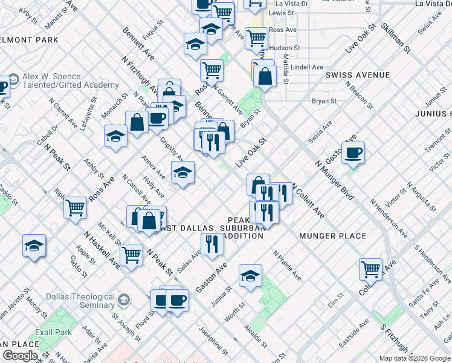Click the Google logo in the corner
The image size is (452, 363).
20,356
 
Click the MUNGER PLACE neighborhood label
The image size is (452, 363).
333,236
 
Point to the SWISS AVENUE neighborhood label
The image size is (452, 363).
357,75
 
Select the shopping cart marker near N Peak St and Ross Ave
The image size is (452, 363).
76,208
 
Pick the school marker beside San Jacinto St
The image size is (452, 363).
34,245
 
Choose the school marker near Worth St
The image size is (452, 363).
250,275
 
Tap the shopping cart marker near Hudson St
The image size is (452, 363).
257,38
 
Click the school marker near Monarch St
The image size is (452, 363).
115,136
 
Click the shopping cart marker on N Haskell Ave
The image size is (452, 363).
131,255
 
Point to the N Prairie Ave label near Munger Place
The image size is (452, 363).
287,266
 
